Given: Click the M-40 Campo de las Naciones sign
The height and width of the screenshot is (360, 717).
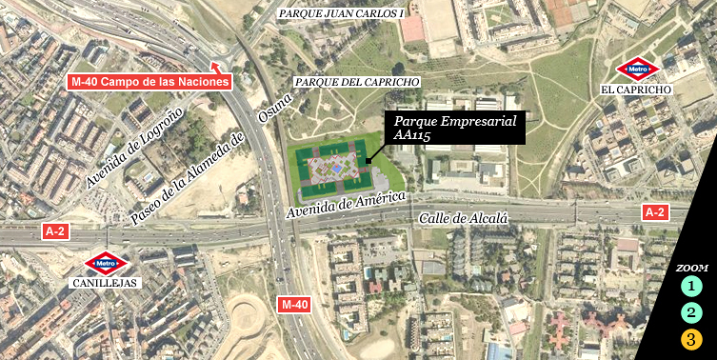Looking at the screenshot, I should (x=150, y=81).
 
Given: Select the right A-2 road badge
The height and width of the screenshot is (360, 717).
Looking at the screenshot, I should (x=654, y=212).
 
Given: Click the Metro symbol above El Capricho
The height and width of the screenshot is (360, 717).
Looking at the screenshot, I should (x=636, y=70).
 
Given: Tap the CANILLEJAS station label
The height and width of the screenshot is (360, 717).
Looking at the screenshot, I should (x=105, y=283).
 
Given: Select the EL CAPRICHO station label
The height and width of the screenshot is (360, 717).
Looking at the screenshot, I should (x=636, y=90).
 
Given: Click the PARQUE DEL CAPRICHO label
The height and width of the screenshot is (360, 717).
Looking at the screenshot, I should (x=357, y=82).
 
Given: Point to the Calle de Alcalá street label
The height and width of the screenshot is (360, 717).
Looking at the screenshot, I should (x=465, y=219).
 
